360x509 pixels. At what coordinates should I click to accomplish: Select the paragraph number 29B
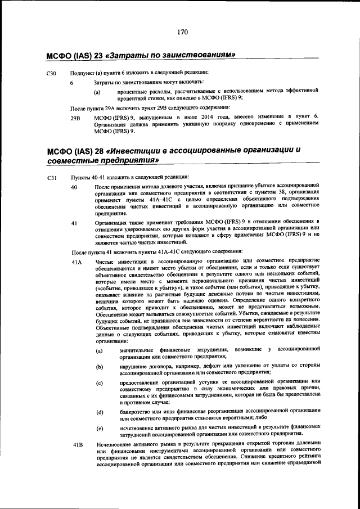[x=76, y=117]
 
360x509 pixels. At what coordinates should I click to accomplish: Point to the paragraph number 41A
[x=76, y=263]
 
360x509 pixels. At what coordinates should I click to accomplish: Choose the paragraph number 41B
[x=76, y=445]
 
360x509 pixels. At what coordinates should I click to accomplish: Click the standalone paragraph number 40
[x=74, y=186]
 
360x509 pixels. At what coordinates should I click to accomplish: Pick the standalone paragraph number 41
[x=74, y=223]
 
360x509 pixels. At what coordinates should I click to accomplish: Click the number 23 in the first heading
[x=97, y=55]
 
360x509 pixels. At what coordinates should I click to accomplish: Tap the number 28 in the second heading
[x=97, y=150]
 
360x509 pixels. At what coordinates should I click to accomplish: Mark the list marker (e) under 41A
[x=99, y=429]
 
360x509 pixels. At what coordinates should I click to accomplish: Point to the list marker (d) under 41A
[x=99, y=412]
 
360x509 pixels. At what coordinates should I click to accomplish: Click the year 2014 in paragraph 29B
[x=207, y=116]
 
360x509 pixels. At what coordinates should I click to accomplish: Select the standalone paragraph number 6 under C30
[x=71, y=82]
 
